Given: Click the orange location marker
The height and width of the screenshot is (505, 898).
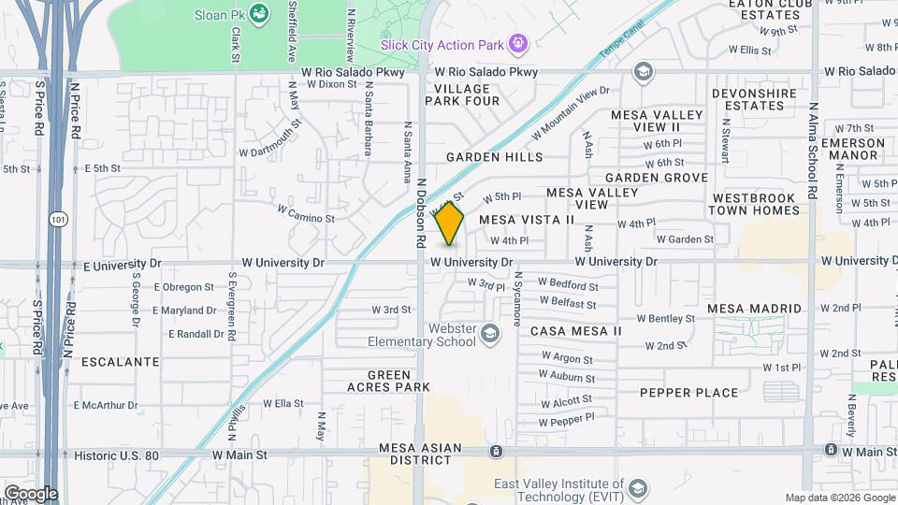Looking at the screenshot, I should [450, 224].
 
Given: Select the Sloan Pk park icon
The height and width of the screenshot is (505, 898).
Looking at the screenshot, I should [259, 13].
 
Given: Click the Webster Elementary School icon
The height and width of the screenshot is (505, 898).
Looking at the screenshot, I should [489, 334].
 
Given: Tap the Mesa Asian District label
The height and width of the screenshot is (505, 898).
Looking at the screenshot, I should [420, 448].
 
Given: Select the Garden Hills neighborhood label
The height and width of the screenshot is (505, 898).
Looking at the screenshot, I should [494, 157].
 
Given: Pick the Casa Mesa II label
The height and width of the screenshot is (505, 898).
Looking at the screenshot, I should [575, 331].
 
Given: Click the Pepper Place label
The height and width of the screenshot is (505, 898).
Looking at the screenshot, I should [688, 393].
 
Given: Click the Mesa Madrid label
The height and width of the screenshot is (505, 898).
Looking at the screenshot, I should [754, 309].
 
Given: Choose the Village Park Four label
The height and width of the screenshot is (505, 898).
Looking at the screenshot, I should [470, 94].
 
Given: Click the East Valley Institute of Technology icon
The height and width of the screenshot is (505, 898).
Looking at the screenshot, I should [637, 488].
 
